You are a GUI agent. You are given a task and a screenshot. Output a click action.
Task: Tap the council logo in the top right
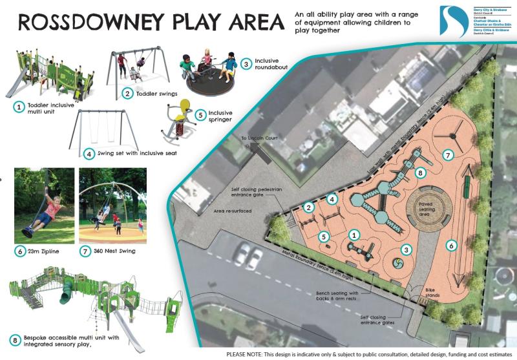click(455, 21)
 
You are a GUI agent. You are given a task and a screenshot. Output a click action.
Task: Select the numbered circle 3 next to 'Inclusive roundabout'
click(246, 63)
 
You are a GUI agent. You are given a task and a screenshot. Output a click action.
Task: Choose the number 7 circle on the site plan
click(447, 154)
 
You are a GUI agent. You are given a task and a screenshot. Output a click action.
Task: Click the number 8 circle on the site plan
click(420, 173)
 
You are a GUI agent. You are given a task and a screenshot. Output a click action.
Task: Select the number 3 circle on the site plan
click(406, 249)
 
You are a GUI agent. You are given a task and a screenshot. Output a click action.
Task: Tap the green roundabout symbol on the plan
click(396, 264)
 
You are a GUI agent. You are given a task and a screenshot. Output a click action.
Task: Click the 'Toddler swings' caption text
click(156, 94)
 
